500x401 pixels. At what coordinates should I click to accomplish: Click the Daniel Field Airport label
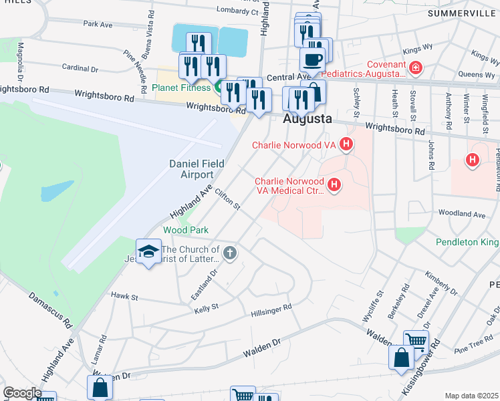pos(195,168)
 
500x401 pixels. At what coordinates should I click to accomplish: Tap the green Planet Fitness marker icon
pos(218,87)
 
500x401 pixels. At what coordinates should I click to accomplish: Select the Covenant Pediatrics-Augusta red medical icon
pos(416,67)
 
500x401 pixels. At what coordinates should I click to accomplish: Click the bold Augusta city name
pos(307,119)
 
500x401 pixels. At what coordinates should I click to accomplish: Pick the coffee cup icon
pos(312,59)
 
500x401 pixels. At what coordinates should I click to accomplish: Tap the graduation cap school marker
pos(148,251)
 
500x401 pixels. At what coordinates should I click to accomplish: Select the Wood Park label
pos(186,230)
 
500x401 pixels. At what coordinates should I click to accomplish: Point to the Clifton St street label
pos(227,199)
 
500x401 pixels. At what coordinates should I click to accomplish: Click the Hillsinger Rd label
pos(271,311)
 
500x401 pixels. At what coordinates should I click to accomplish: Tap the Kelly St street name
pos(206,308)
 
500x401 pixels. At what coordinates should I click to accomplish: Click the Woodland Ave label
pos(461,214)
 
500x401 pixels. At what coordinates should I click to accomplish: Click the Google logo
pos(21,393)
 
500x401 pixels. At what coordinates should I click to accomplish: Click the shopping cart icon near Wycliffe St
pos(416,342)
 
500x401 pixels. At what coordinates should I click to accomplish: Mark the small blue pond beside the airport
pos(57,191)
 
